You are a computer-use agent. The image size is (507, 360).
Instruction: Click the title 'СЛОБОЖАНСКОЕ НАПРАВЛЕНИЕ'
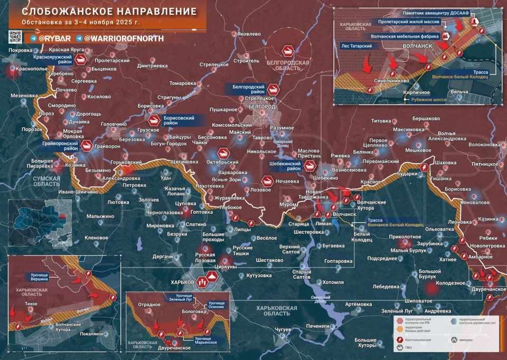click(x=102, y=11)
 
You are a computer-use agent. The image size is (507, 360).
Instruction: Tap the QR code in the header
click(x=15, y=37)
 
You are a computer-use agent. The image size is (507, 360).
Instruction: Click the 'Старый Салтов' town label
click(x=302, y=274)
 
